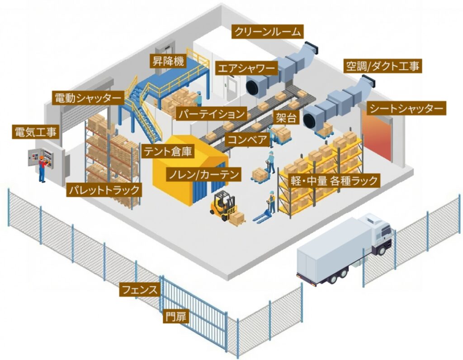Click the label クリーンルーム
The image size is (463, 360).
[267, 32]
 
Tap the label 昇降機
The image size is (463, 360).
[168, 61]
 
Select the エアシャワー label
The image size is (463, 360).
[246, 69]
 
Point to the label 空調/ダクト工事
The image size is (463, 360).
[383, 67]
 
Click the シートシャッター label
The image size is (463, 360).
[406, 109]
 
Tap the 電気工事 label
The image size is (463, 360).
[36, 132]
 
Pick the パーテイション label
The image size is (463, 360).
[211, 114]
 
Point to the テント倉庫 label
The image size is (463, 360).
[168, 151]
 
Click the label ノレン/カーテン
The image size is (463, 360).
[203, 174]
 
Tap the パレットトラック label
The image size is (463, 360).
[104, 190]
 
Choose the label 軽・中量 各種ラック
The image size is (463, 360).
[334, 181]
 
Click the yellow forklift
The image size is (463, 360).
[223, 206]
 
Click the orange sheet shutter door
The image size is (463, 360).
[376, 136]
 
